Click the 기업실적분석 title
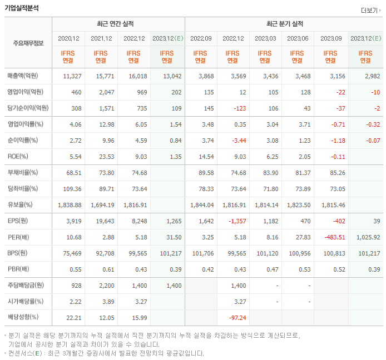coord(22,8)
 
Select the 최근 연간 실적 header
coord(118,24)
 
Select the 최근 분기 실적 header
coord(284,24)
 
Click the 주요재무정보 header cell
coord(28,43)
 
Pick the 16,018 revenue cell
coord(135,76)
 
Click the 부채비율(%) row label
coord(25,173)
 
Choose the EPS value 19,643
coord(101,221)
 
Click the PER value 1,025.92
coord(367,237)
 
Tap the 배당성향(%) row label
coord(25,318)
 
